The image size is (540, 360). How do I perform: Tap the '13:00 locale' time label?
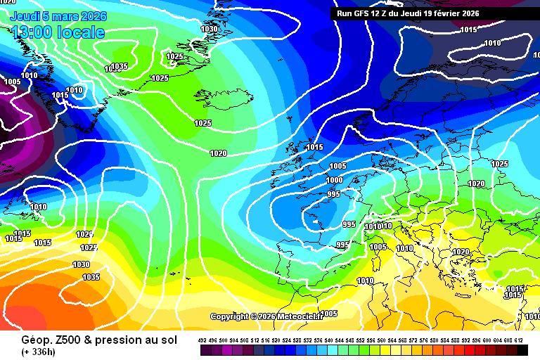58,32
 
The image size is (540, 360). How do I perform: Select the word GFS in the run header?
365,13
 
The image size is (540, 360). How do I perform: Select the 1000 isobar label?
335,181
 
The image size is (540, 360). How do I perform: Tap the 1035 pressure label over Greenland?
118,67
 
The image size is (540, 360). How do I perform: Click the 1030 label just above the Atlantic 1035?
82,264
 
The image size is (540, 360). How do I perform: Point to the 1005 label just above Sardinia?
378,247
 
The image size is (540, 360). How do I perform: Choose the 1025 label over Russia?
499,164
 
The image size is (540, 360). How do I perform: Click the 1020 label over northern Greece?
461,252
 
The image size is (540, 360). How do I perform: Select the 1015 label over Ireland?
314,147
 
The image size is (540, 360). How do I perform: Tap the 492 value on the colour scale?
202,340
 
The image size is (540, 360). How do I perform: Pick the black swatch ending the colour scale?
522,349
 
